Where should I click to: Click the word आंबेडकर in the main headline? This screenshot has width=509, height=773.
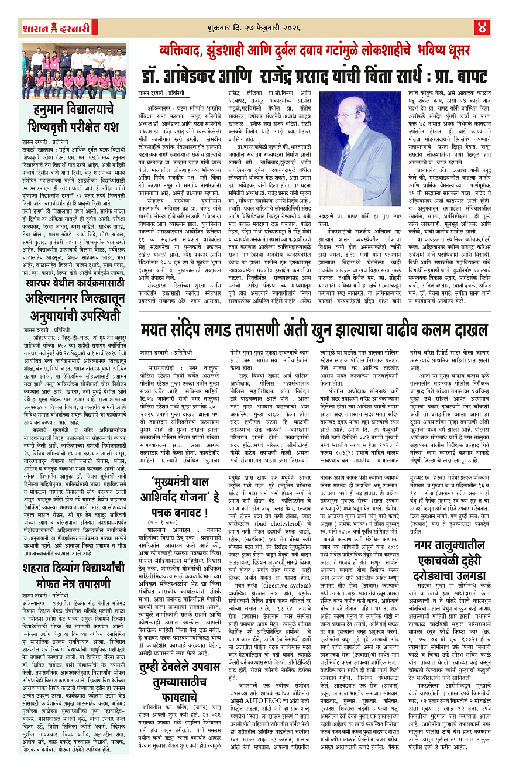tap(191, 75)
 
